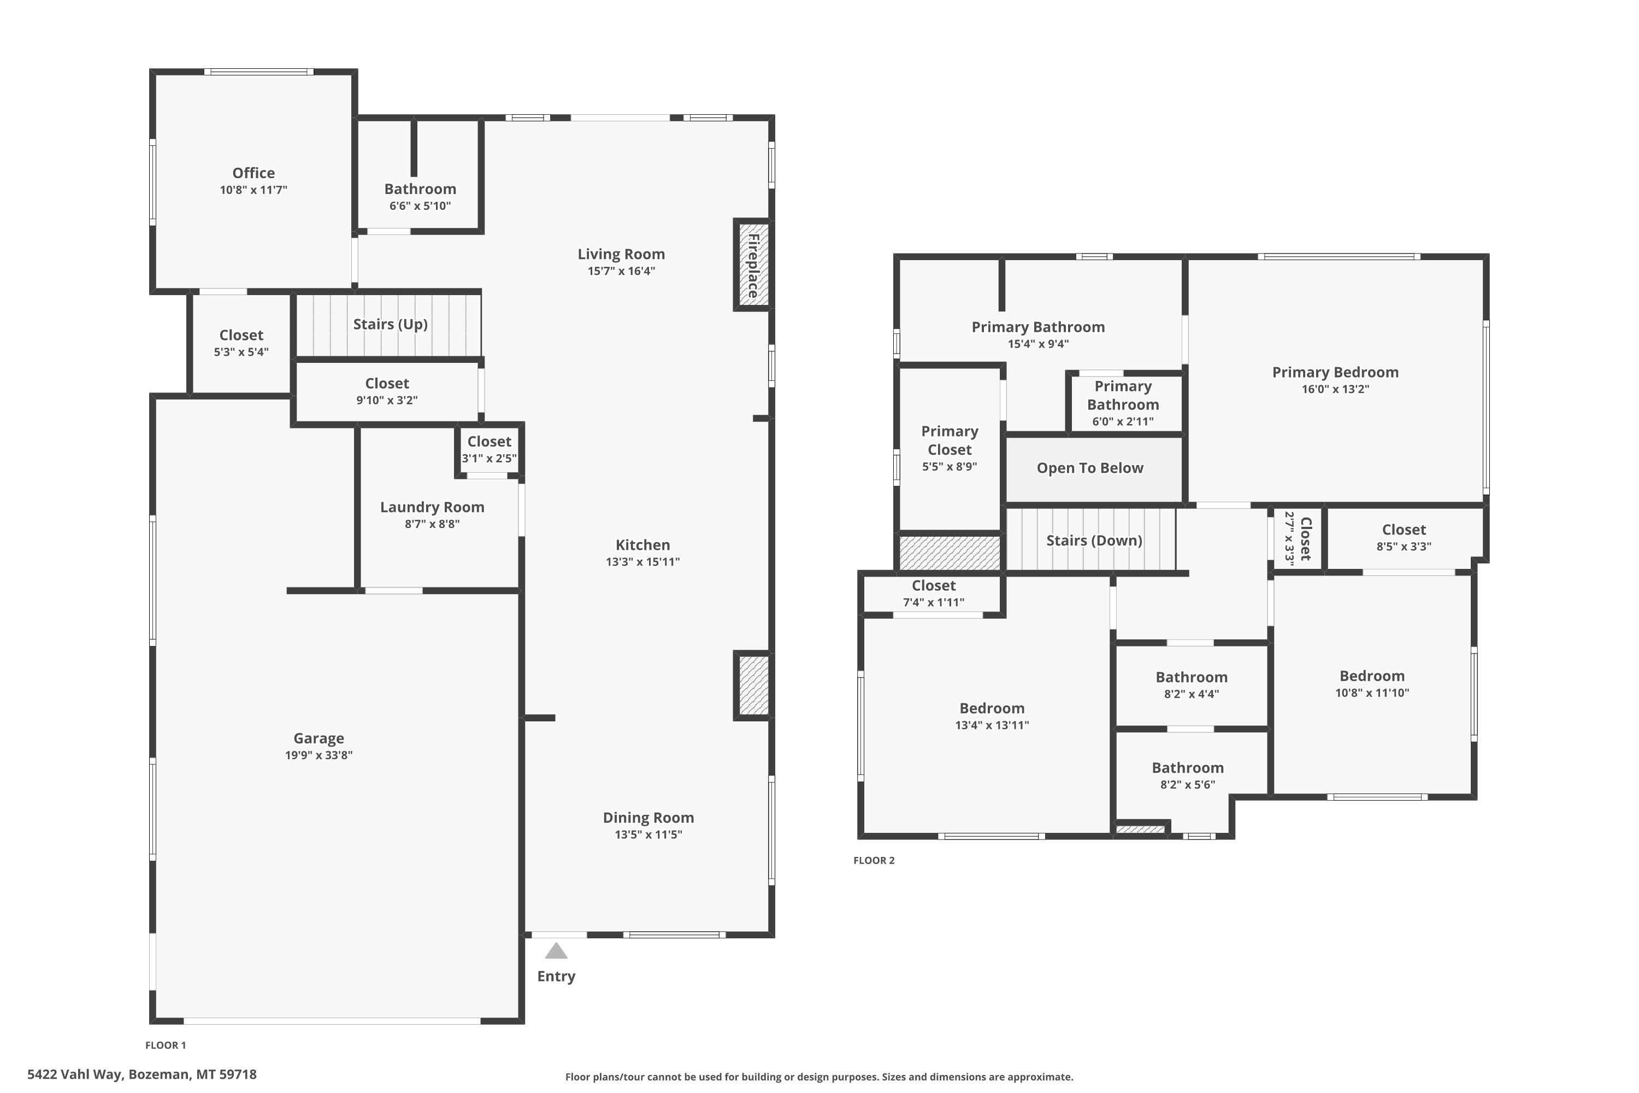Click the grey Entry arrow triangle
coord(556,951)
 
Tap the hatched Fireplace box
coord(753,265)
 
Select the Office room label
coord(253,173)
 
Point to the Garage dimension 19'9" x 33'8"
coord(319,755)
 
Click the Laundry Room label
coord(432,507)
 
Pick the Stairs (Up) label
coord(390,324)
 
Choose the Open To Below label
coord(1090,468)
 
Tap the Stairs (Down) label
coord(1094,540)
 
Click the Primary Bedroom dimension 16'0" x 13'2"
coord(1335,389)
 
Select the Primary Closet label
coord(950,440)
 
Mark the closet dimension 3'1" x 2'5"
coord(489,458)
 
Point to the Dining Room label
coord(648,817)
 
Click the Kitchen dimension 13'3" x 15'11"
coord(642,562)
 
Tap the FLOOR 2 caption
coord(874,860)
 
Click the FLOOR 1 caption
coord(165,1045)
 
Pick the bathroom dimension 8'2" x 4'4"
coord(1192,694)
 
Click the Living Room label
coord(621,254)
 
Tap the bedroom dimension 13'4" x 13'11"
coord(992,725)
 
